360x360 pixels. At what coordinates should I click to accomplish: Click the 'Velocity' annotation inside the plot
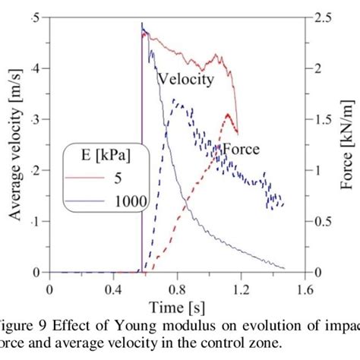coord(185,78)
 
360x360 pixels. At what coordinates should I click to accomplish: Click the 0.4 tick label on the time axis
coord(113,289)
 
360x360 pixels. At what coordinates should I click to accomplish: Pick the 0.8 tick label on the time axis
coord(177,289)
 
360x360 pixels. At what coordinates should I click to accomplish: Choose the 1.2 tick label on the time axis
coord(241,289)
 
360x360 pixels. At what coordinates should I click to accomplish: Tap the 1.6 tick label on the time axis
coord(305,289)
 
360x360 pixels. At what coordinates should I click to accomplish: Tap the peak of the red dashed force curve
coord(228,115)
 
